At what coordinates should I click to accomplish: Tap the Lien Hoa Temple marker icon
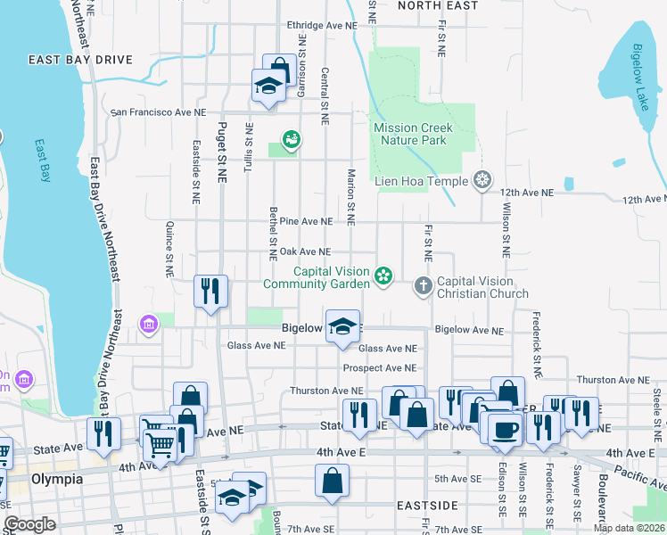coord(483,181)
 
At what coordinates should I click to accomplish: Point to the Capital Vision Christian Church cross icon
coord(423,286)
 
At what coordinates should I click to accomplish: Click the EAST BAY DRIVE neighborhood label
coord(80,61)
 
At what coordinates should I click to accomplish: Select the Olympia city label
coord(56,479)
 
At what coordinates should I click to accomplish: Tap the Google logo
coord(29,524)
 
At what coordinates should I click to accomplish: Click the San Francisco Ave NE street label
coord(158,113)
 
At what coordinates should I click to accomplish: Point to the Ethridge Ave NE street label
coord(321,26)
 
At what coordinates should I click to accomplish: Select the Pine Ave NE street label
coord(306,220)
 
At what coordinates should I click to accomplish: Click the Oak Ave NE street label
coord(306,252)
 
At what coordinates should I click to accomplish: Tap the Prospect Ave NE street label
coord(379,367)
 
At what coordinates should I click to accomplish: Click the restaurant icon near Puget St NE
coord(210,292)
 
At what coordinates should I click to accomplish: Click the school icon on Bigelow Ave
coord(342,325)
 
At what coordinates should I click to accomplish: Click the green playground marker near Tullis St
coord(290,140)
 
